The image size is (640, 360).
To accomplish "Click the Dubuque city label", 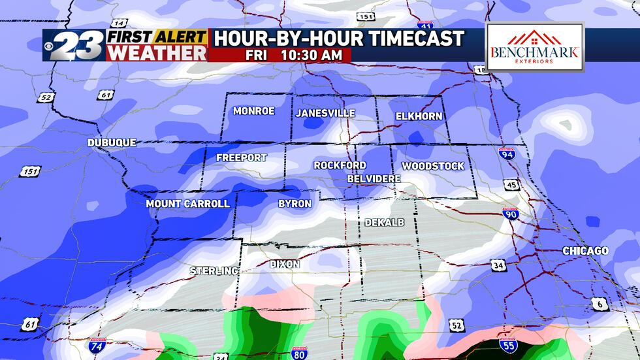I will point(112,142).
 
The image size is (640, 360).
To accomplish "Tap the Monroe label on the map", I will point(253,111).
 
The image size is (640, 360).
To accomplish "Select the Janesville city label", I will point(325,113).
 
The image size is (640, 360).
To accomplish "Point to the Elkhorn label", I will point(419,116).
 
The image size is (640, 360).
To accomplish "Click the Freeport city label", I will point(241,157).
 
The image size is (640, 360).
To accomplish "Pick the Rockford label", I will point(340,165).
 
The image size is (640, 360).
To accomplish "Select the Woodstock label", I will point(432,166).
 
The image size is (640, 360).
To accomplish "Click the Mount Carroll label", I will point(187,203).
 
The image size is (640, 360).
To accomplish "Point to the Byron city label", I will point(295,203).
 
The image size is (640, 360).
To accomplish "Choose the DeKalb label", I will point(384,222).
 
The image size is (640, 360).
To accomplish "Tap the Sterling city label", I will point(214,270).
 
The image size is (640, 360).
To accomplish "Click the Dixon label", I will point(285,264).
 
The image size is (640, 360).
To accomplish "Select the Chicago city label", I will point(585,251).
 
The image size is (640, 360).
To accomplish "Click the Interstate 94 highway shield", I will point(506,154).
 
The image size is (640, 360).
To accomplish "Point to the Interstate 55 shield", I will point(507,344).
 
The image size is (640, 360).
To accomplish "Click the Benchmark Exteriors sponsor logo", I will point(535,47).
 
